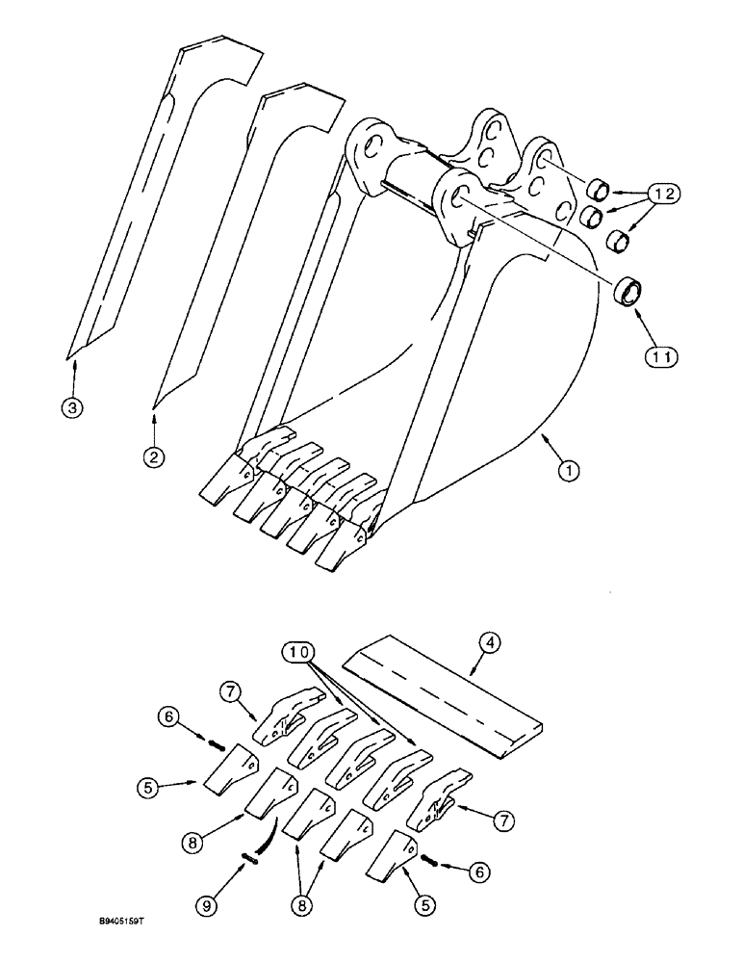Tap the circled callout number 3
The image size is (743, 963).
(x=70, y=407)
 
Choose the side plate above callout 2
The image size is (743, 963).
(x=245, y=241)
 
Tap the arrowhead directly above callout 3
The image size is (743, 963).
(x=70, y=362)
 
